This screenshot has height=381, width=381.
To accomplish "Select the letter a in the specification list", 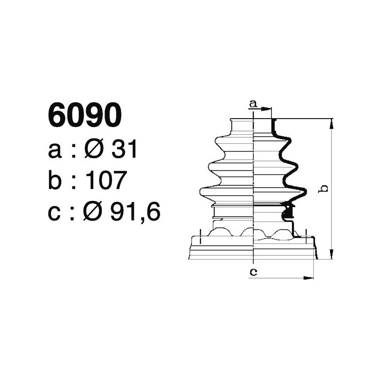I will point(55,151).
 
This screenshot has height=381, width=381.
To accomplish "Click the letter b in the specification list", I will point(56,180).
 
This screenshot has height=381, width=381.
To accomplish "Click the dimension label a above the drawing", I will point(253,103).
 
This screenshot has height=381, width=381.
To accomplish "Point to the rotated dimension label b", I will point(324,189).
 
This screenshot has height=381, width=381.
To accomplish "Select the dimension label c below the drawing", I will point(254,272).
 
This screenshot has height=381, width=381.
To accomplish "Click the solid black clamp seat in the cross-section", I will point(288,209).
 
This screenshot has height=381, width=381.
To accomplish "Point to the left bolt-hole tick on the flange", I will point(201,233).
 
